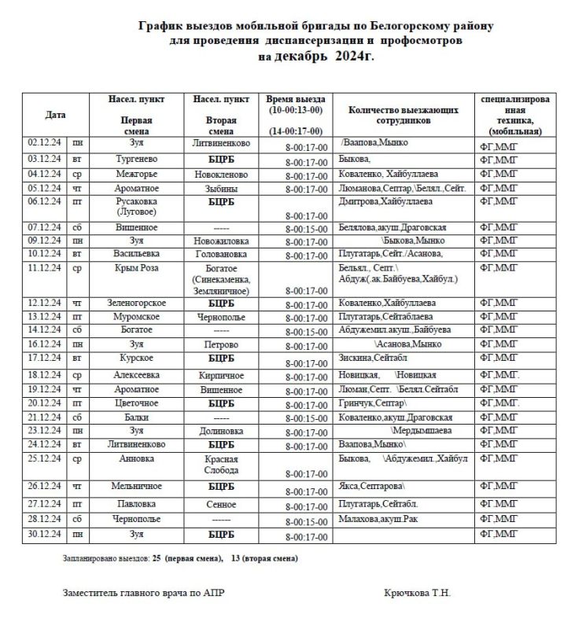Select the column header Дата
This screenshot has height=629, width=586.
click(55, 115)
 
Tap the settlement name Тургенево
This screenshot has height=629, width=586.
click(136, 158)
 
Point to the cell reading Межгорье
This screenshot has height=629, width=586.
click(136, 173)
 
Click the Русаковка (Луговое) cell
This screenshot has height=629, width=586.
click(136, 207)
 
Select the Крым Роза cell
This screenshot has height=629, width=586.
click(136, 268)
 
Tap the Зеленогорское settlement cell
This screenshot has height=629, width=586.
click(136, 302)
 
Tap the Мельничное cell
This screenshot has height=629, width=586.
click(136, 486)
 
